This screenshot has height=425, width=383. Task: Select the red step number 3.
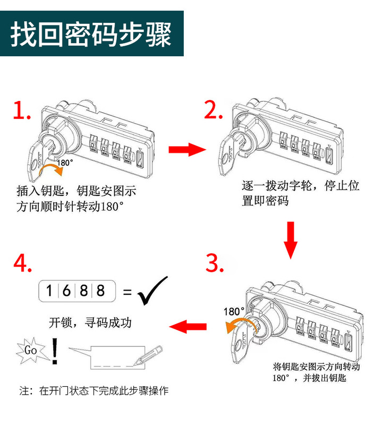[214, 262]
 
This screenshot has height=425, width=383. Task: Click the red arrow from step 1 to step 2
[186, 150]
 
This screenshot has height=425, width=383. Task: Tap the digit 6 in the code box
[67, 291]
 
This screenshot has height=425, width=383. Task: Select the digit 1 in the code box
[49, 291]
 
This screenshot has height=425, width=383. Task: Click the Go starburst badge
[30, 350]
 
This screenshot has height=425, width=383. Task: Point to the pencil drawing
[150, 354]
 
